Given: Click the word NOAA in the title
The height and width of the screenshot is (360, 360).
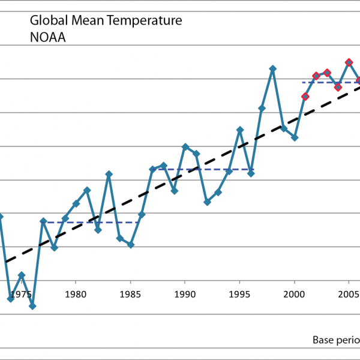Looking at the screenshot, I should point(47,37).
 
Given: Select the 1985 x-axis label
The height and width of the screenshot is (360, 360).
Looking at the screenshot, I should point(130,294).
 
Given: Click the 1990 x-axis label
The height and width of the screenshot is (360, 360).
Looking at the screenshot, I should point(185,294).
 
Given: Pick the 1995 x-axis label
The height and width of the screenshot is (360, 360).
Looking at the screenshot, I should point(240,294).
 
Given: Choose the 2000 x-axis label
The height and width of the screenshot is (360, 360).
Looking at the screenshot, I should point(295,294).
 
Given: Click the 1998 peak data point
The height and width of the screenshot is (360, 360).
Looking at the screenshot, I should point(273,68).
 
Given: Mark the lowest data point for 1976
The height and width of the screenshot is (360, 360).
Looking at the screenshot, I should point(32,306).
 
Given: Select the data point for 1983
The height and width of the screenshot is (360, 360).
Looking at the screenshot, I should point(109,174).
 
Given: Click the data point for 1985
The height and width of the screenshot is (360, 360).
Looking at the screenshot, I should point(131,245).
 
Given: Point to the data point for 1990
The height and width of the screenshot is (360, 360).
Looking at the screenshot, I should point(185,146).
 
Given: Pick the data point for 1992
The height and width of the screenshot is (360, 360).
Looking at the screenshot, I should point(207,202).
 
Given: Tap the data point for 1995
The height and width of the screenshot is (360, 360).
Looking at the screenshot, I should point(240,130).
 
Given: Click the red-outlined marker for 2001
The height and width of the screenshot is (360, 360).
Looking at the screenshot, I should point(305,97).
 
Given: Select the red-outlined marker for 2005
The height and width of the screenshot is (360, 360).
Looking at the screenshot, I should point(349,62).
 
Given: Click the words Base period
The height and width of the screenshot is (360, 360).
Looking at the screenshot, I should point(335,340).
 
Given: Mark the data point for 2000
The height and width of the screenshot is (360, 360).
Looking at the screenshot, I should point(295,137).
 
